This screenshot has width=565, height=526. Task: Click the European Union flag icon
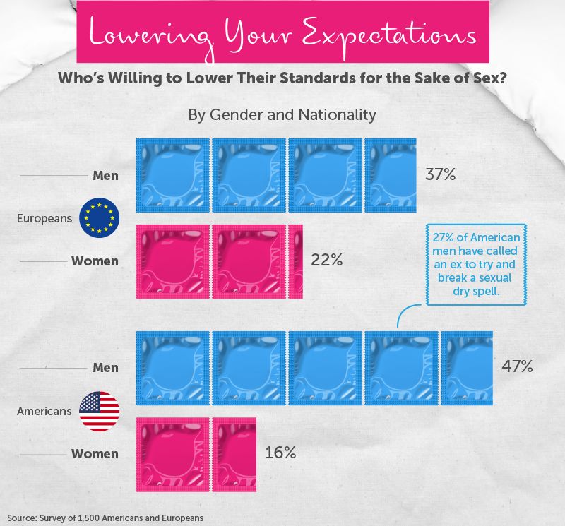100,217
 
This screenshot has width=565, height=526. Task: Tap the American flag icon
100,411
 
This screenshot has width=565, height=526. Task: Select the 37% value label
440,174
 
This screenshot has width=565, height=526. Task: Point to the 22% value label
326,261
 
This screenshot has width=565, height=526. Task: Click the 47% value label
517,366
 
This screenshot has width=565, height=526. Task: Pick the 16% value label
280,453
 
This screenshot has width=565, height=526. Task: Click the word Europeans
44,218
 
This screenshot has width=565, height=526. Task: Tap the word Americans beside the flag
44,411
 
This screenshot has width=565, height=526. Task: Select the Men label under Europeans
105,175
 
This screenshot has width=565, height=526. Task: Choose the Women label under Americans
95,453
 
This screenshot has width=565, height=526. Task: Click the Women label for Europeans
95,261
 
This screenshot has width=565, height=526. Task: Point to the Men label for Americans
105,367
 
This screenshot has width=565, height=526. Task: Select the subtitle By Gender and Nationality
282,114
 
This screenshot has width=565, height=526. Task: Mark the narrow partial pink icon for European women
296,261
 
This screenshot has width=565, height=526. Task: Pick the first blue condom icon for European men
172,174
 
